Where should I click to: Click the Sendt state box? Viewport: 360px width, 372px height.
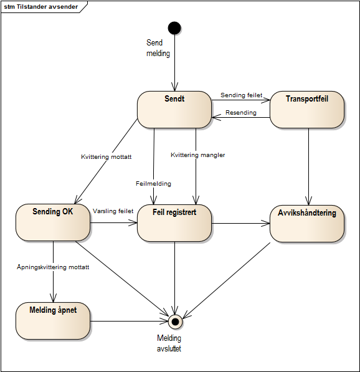tap(174, 110)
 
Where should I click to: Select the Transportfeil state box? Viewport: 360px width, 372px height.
tap(307, 110)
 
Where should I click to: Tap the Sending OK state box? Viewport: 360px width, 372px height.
tap(53, 222)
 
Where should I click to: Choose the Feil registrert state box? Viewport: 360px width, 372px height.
tap(174, 222)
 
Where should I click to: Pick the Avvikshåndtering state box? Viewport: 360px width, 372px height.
tap(307, 222)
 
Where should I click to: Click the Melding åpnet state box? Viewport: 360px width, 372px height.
tap(53, 321)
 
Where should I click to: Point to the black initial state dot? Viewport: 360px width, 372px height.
tap(174, 27)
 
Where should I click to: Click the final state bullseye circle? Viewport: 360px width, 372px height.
tap(175, 322)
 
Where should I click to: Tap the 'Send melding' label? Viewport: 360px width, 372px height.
tap(154, 48)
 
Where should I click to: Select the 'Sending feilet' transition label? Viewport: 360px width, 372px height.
tap(241, 95)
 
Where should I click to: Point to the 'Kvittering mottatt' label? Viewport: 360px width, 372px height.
tap(106, 157)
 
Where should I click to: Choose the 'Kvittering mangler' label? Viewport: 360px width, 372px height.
tap(197, 155)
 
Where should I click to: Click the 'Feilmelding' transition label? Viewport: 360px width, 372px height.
tap(153, 184)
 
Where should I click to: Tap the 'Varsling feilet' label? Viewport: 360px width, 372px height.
tap(113, 211)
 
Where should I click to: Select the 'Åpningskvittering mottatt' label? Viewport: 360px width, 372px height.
tap(53, 267)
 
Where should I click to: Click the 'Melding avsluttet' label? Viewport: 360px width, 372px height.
tap(169, 343)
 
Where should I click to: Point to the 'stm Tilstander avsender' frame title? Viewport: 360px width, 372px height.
tap(41, 6)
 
